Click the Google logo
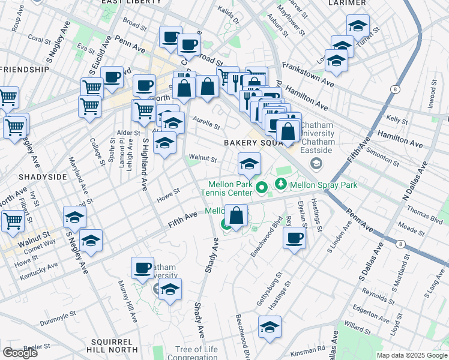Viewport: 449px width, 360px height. click(x=20, y=352)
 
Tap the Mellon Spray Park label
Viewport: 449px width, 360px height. click(x=324, y=185)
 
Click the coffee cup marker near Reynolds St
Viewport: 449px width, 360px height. click(x=294, y=238)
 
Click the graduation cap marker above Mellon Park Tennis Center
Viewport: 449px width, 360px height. click(x=249, y=163)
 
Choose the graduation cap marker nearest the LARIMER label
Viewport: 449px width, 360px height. click(x=358, y=25)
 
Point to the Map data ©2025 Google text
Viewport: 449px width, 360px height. click(x=411, y=355)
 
